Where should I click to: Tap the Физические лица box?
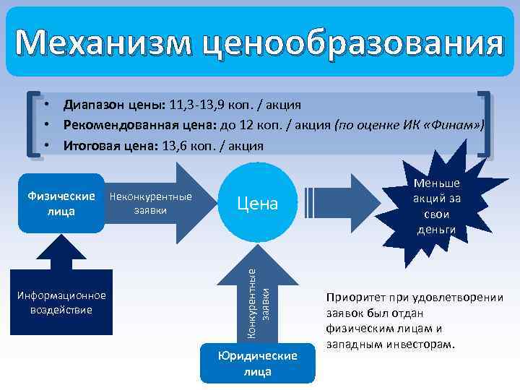[x=61, y=204]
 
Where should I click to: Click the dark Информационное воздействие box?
[x=61, y=303]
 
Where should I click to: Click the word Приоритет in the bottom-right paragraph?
[x=350, y=298]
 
